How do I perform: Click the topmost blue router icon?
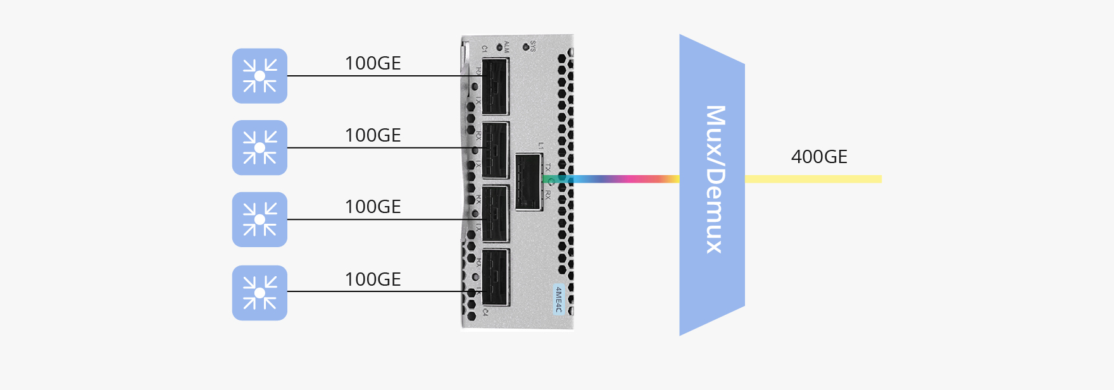(260, 76)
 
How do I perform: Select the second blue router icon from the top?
(260, 148)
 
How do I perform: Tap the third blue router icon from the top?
(260, 219)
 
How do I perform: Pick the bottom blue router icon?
(260, 293)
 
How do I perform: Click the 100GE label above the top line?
(373, 63)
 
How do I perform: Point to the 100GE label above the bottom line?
(373, 279)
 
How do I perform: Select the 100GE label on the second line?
(373, 135)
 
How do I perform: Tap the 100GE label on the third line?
(373, 207)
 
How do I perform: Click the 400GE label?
(819, 157)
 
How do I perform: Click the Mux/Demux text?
(715, 180)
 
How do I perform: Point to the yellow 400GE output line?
(813, 179)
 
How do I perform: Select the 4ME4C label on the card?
(558, 299)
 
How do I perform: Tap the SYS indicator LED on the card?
(526, 47)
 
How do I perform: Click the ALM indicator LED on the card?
(500, 47)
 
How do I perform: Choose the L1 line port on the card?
(529, 181)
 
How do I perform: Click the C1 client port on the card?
(495, 87)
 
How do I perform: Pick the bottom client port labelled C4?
(495, 277)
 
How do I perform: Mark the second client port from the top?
(495, 150)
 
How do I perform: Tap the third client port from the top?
(495, 214)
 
